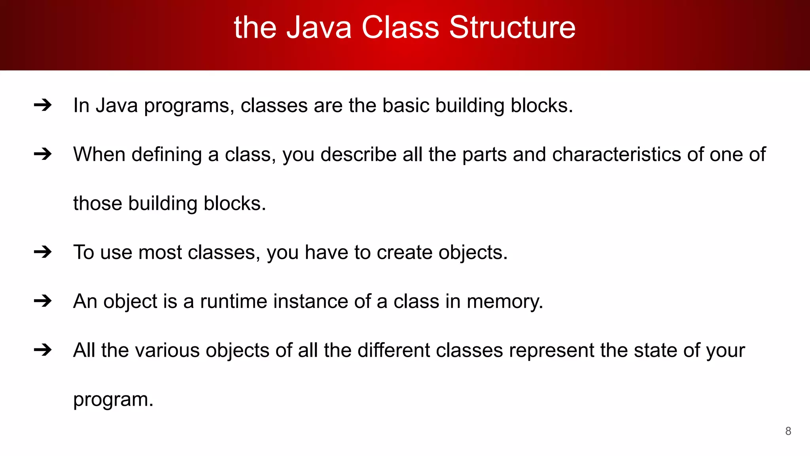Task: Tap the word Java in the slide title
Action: pyautogui.click(x=319, y=28)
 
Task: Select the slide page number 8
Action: pyautogui.click(x=788, y=431)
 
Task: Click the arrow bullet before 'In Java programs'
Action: pyautogui.click(x=43, y=105)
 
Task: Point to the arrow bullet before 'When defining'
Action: pyautogui.click(x=43, y=154)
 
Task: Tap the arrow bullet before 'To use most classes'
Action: pyautogui.click(x=43, y=252)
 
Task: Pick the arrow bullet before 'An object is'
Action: pyautogui.click(x=43, y=301)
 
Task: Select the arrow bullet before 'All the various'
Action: pyautogui.click(x=43, y=350)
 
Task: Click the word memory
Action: pyautogui.click(x=505, y=302)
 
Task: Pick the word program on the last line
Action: pyautogui.click(x=113, y=400)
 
